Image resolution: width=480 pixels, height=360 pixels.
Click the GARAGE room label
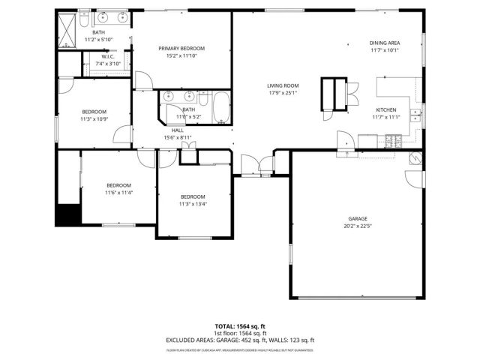click(x=356, y=218)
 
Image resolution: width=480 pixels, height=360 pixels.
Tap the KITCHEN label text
click(x=386, y=109)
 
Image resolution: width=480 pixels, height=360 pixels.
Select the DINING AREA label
click(x=385, y=43)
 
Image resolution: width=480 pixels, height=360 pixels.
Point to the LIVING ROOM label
click(x=283, y=85)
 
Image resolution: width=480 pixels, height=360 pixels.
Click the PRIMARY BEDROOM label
click(x=181, y=48)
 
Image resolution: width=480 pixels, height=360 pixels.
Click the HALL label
click(x=177, y=130)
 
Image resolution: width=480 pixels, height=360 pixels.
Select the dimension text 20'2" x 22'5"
click(x=356, y=225)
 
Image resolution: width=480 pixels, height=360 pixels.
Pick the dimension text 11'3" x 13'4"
click(x=193, y=203)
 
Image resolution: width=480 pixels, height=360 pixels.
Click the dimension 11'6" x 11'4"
click(x=118, y=193)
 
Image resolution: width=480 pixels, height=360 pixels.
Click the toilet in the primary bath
click(x=85, y=16)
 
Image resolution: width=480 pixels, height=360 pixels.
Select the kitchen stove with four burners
click(x=394, y=139)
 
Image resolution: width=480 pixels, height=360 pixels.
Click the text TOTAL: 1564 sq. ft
click(x=240, y=326)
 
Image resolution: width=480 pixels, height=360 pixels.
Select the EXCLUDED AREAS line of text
click(x=240, y=340)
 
